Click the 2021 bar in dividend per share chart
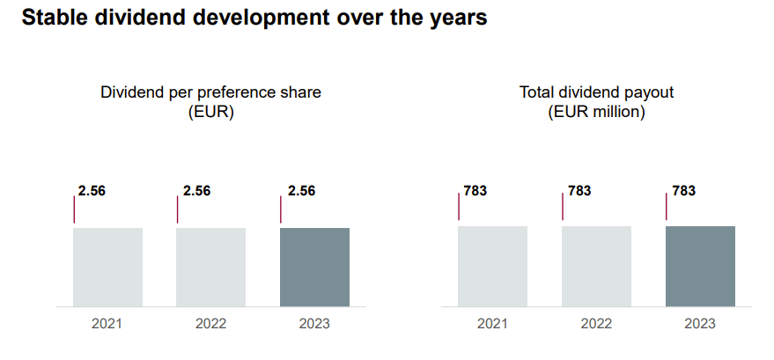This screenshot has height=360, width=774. (x=107, y=267)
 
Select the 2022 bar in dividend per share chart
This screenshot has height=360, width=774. (x=210, y=267)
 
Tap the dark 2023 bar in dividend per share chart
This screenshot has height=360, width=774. (x=314, y=267)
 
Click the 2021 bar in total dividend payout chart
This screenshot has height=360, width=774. (x=492, y=266)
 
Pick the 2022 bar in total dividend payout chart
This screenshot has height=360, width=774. (x=596, y=266)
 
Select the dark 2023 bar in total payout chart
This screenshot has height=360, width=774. (x=700, y=266)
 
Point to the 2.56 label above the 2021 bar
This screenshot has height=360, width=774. (x=92, y=190)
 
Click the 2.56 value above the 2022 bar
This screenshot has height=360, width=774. (x=196, y=190)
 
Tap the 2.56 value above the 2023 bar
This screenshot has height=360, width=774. (x=301, y=190)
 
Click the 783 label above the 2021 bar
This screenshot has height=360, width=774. (x=475, y=190)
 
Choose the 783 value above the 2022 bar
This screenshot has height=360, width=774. (x=579, y=190)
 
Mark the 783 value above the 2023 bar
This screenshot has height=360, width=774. (x=683, y=190)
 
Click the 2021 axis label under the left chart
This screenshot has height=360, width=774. (x=107, y=324)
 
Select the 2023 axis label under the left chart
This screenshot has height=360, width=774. (x=314, y=324)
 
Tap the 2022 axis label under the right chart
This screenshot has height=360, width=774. (x=596, y=324)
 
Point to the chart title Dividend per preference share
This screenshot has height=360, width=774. (x=210, y=92)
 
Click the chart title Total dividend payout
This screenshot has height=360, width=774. (x=596, y=92)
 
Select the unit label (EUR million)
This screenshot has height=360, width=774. (x=596, y=113)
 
